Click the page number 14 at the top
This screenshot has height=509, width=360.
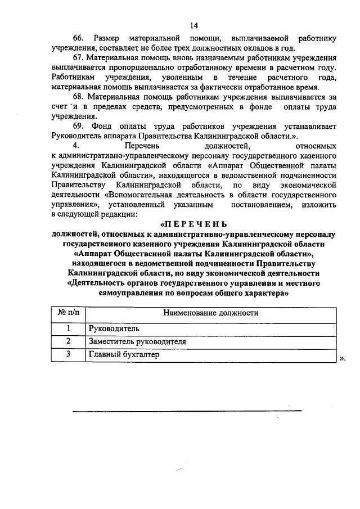194,25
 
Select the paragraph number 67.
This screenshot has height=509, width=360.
78,58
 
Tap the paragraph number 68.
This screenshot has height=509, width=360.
78,97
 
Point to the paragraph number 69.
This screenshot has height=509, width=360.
78,125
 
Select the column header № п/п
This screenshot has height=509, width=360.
68,313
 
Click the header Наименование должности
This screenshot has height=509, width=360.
211,313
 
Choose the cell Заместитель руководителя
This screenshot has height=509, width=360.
137,341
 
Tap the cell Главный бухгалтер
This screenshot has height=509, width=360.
124,355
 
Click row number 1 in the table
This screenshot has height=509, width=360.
68,328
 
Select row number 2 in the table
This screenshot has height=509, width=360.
68,341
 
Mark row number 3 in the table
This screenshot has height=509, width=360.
68,355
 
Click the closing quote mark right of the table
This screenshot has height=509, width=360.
343,358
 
